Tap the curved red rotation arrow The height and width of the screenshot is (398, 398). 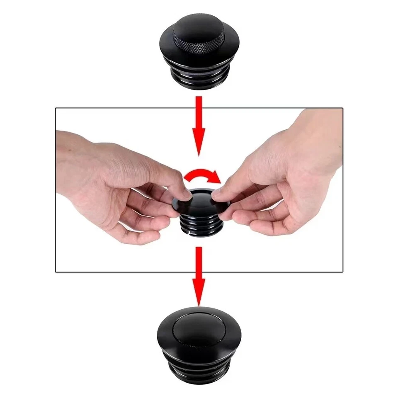(x=202, y=175)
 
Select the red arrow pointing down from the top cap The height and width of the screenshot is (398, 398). (x=199, y=124)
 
